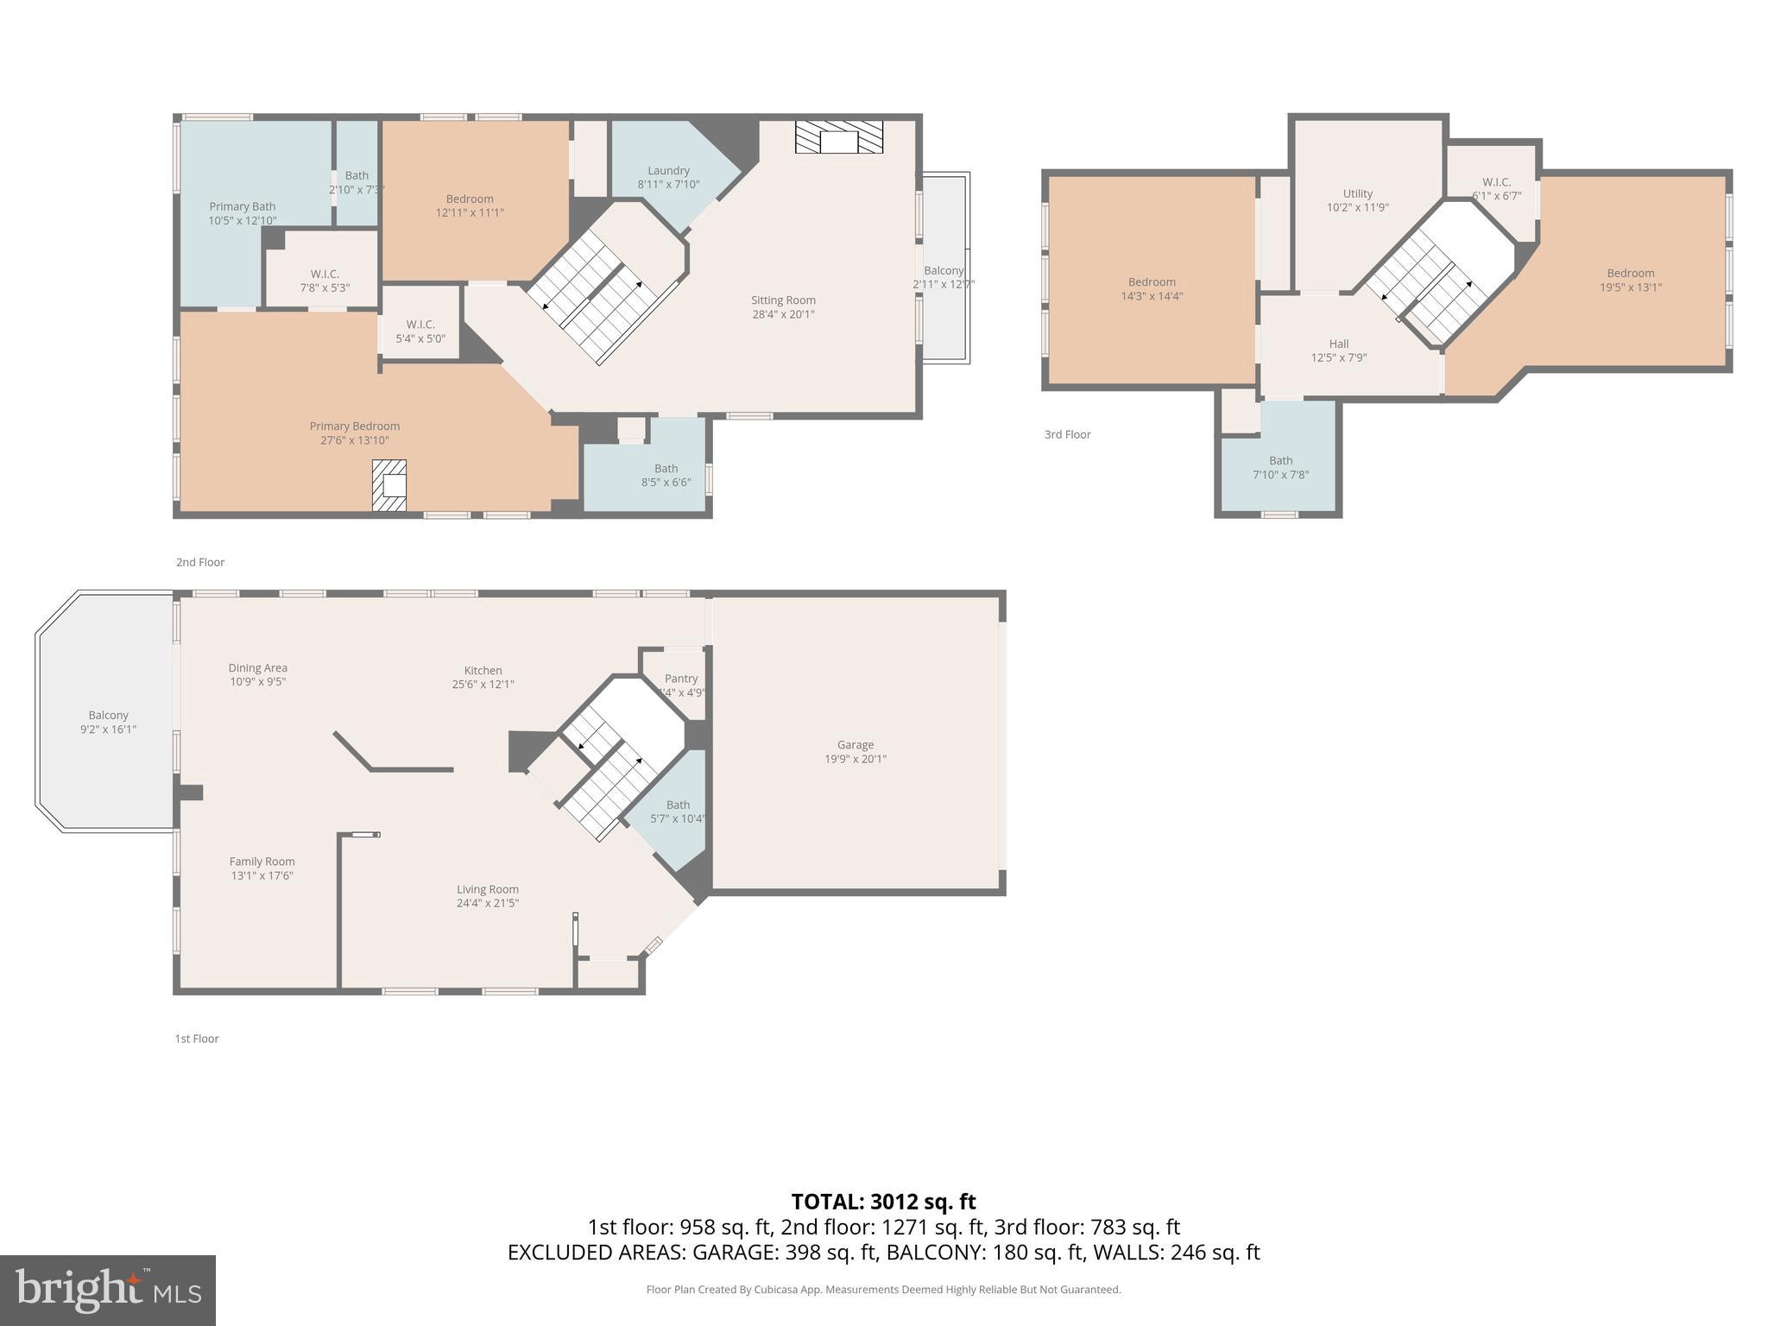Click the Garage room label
855,745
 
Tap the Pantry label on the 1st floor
681,679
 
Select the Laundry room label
668,171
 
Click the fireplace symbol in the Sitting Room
838,137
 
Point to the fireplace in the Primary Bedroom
389,485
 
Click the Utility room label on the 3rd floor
1357,193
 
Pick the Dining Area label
257,668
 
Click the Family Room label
262,862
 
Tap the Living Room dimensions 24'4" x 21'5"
488,903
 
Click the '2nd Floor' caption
200,562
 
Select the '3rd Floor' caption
1067,434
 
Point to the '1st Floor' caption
197,1039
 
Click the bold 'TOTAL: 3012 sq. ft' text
883,1201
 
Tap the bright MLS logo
107,1290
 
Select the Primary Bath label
242,206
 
